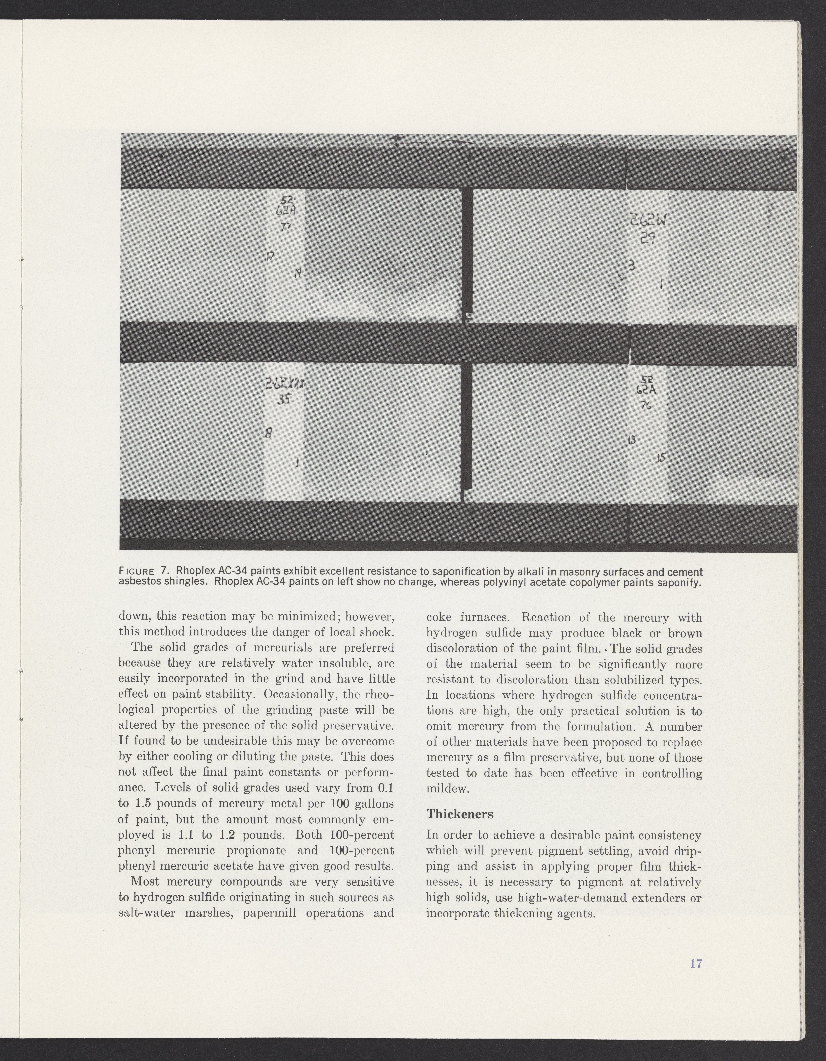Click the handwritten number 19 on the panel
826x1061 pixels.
[298, 273]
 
